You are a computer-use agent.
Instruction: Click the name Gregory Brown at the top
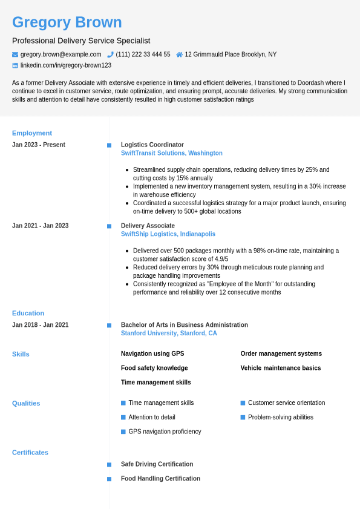pyautogui.click(x=67, y=22)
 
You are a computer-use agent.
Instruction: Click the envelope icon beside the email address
pyautogui.click(x=15, y=54)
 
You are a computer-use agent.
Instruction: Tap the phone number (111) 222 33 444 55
pyautogui.click(x=143, y=54)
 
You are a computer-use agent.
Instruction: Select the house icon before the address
pyautogui.click(x=179, y=54)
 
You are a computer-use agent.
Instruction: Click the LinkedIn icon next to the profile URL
pyautogui.click(x=15, y=65)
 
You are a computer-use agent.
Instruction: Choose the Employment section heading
pyautogui.click(x=32, y=133)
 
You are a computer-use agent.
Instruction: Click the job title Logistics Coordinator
pyautogui.click(x=152, y=145)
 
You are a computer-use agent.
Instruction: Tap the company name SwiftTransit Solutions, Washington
pyautogui.click(x=172, y=153)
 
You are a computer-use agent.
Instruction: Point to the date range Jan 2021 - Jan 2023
pyautogui.click(x=40, y=226)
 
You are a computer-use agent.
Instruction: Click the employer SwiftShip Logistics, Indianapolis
pyautogui.click(x=168, y=234)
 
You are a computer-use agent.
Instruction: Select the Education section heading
pyautogui.click(x=28, y=313)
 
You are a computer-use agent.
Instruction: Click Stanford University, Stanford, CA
pyautogui.click(x=169, y=333)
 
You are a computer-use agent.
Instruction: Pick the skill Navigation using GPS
pyautogui.click(x=152, y=353)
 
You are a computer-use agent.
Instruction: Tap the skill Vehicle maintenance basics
pyautogui.click(x=281, y=368)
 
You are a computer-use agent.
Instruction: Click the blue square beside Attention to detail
pyautogui.click(x=123, y=417)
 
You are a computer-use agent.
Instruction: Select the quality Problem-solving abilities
pyautogui.click(x=281, y=417)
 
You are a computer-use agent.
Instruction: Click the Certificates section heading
pyautogui.click(x=30, y=452)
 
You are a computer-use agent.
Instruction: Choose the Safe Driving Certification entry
pyautogui.click(x=157, y=464)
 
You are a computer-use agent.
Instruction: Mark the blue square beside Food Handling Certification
pyautogui.click(x=110, y=479)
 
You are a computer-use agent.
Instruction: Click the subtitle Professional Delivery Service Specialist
pyautogui.click(x=81, y=41)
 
